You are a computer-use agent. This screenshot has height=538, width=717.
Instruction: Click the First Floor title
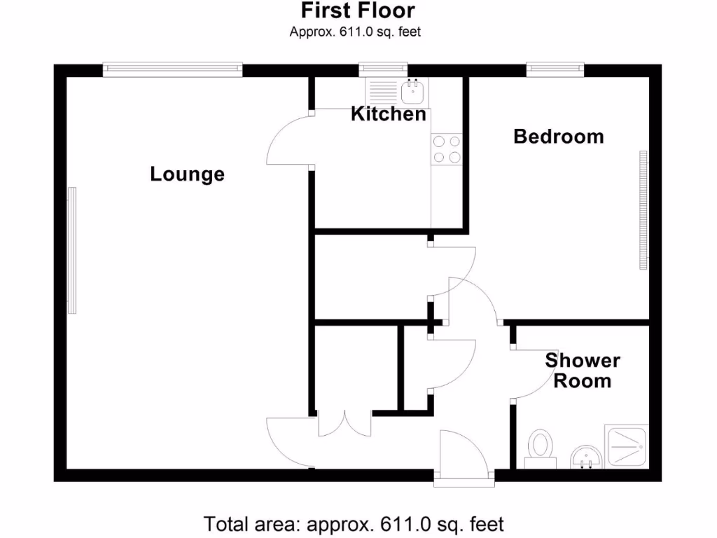358,11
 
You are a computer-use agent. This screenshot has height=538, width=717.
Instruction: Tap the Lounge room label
187,174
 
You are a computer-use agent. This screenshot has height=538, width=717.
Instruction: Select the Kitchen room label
388,113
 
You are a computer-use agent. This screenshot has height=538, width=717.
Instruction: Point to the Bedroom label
558,136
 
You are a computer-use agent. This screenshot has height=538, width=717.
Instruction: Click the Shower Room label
583,371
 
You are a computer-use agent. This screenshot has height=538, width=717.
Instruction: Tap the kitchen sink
413,90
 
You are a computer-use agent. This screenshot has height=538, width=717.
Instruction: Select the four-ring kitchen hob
447,149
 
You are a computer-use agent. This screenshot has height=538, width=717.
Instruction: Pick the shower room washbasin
585,459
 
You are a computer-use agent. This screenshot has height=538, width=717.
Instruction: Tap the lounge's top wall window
172,69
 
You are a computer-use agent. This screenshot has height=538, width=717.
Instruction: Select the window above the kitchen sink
383,69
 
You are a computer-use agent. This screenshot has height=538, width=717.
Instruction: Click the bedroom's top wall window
555,69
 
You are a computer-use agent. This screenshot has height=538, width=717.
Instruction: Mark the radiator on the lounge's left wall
71,251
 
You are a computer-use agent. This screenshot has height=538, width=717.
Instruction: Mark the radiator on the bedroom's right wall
642,210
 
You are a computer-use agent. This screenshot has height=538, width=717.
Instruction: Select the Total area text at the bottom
354,523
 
